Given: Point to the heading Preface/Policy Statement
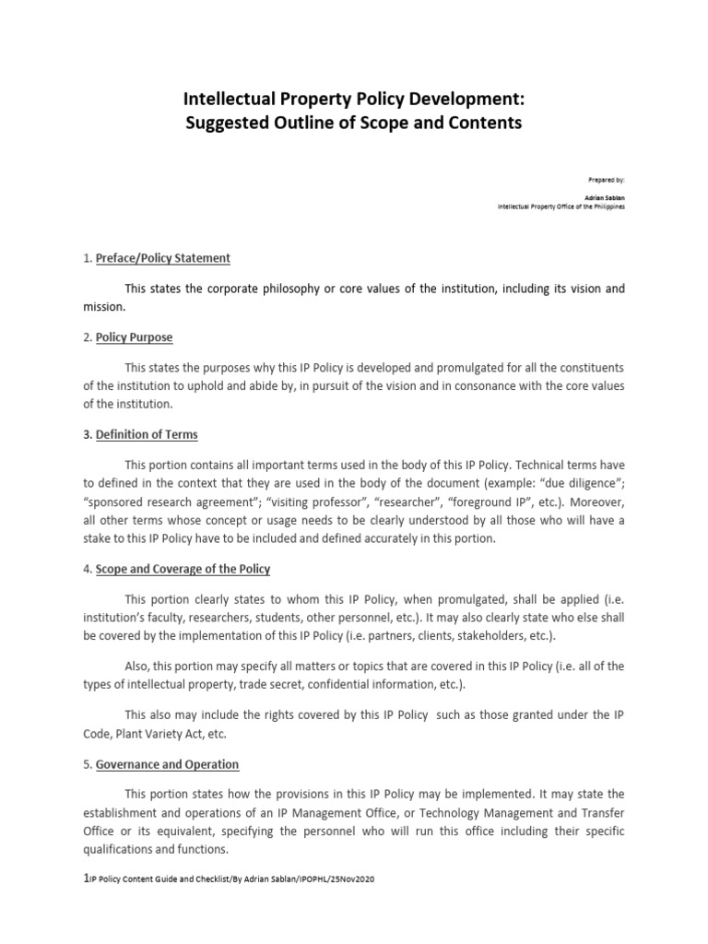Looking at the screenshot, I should [x=162, y=258].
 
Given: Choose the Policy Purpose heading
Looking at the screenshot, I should [x=134, y=337].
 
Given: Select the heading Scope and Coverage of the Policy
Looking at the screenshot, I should [x=183, y=569].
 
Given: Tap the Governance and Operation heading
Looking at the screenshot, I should [x=167, y=764].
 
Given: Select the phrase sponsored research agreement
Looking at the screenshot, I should [x=170, y=502].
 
